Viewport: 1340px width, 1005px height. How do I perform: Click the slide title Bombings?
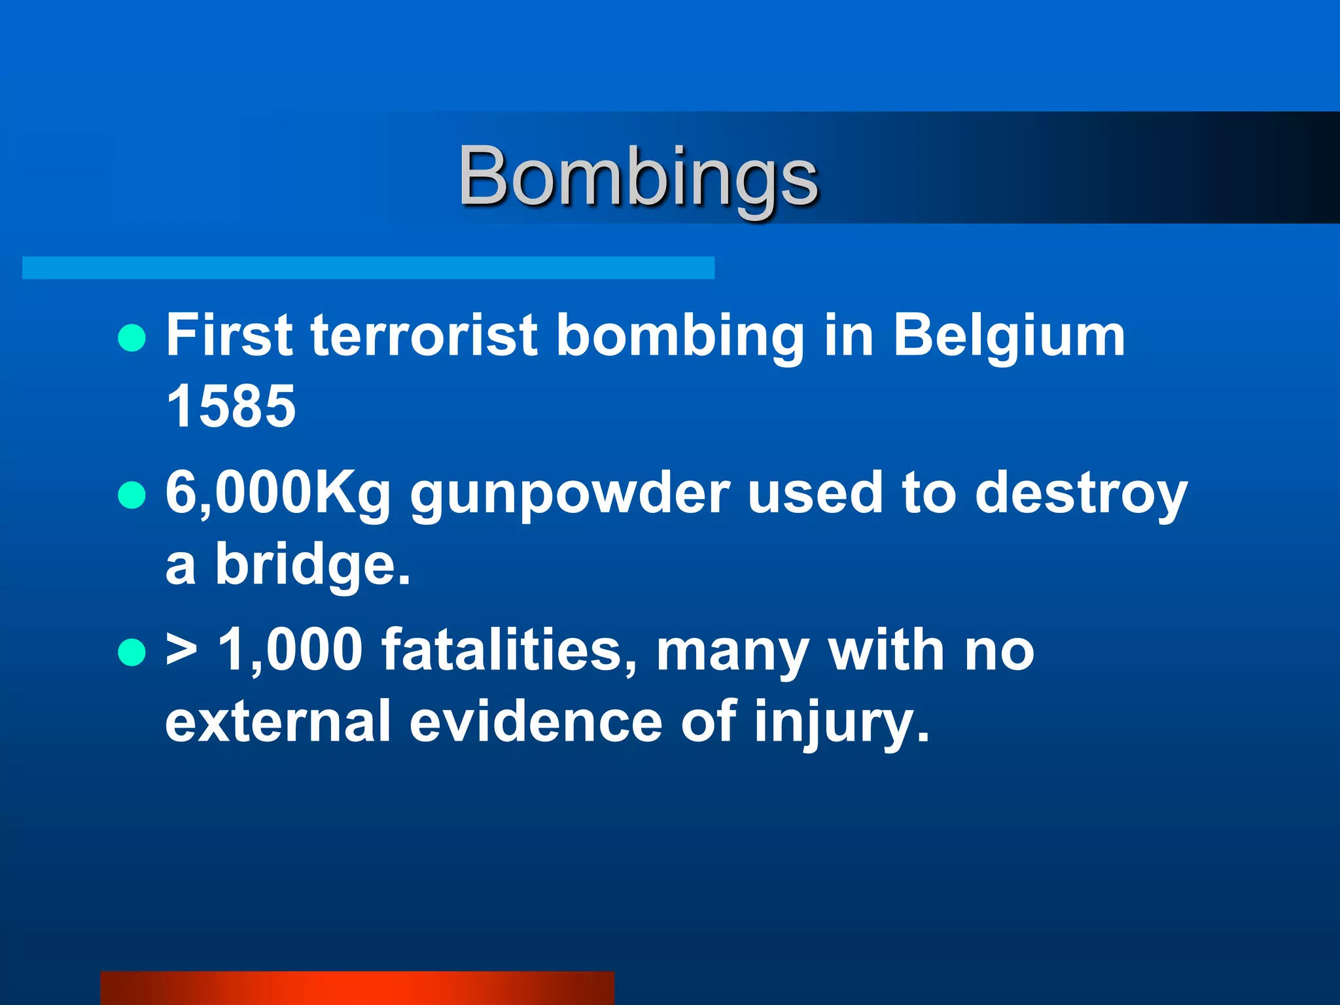tap(638, 177)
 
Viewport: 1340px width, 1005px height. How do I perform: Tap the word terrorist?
tap(424, 335)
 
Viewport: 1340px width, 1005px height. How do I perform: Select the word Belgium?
tap(1009, 336)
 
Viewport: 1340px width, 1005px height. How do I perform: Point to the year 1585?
tap(231, 406)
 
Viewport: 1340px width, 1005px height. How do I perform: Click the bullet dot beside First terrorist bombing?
tap(132, 338)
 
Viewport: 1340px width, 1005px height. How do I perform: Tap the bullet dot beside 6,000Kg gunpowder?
tap(132, 495)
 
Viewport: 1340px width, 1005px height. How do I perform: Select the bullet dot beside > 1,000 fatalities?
tap(132, 652)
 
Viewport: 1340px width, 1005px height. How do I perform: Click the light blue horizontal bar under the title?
tap(368, 268)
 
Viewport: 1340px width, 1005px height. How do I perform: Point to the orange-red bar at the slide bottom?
tap(357, 988)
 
